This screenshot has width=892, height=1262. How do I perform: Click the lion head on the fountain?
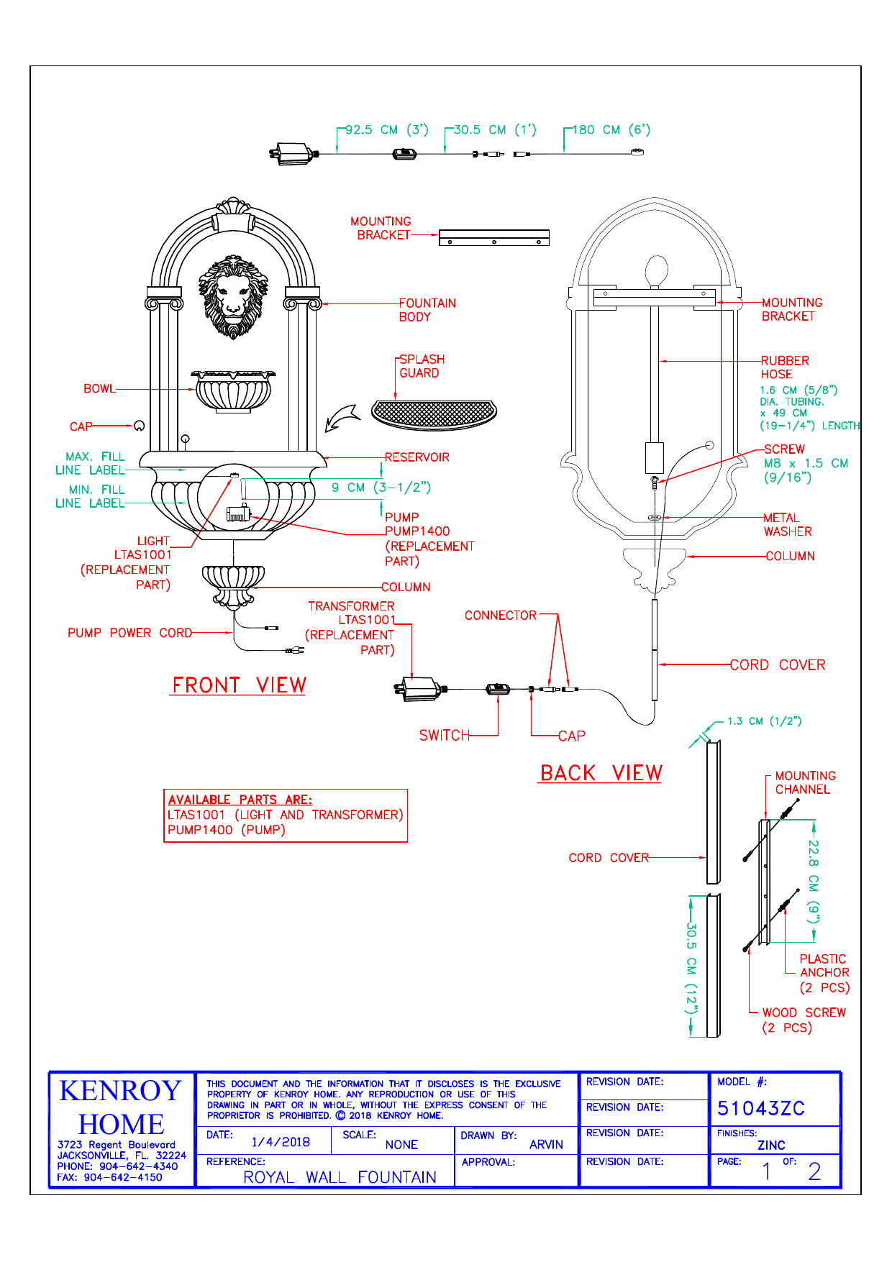click(233, 296)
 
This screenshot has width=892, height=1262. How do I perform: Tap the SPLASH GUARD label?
click(421, 366)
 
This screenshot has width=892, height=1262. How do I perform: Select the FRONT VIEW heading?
click(239, 685)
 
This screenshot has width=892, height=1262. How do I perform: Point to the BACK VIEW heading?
click(601, 773)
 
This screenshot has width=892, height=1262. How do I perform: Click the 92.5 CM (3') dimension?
click(386, 130)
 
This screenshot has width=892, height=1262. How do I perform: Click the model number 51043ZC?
click(760, 1108)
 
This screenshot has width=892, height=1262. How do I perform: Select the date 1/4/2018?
click(281, 1142)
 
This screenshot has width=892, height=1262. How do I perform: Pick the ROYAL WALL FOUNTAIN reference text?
click(340, 1177)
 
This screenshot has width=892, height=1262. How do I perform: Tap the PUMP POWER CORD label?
click(129, 633)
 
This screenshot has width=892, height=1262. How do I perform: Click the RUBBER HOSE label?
click(784, 367)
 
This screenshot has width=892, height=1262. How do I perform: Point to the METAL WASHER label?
click(787, 525)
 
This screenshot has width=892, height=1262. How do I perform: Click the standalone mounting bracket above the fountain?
click(494, 237)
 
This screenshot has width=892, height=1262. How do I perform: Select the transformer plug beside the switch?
click(419, 689)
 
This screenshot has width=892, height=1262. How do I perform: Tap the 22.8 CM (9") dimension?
click(813, 880)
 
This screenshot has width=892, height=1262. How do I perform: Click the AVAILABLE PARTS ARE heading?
click(240, 800)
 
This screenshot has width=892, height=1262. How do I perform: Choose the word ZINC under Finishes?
click(771, 1146)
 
